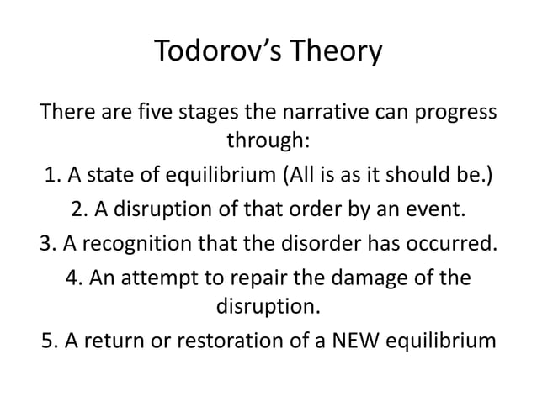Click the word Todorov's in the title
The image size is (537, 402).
[x=214, y=53]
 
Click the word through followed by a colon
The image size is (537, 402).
[x=268, y=143]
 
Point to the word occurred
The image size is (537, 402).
[x=455, y=243]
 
